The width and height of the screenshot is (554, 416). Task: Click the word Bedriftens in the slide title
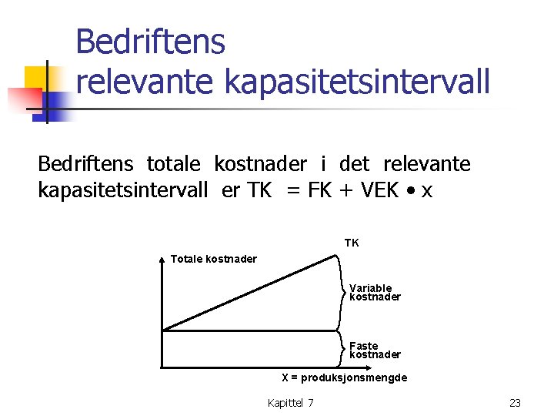tap(150, 42)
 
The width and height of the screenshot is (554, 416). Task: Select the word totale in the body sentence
tap(173, 164)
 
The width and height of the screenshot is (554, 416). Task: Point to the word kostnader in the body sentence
tap(260, 164)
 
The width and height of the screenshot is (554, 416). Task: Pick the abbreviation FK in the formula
tap(319, 190)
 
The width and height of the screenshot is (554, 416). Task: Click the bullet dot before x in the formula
tap(412, 191)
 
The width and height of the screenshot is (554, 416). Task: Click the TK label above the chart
tap(351, 243)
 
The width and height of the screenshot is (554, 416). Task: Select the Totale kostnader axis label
tap(213, 259)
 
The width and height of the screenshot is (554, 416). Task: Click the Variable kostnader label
tap(375, 293)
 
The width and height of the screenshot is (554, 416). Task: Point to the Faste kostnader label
tap(375, 351)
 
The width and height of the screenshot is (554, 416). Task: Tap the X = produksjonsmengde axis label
tap(344, 377)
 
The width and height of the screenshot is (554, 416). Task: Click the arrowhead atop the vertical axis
tap(162, 260)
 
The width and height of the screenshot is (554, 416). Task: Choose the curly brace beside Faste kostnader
tap(342, 350)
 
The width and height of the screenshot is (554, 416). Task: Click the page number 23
tap(515, 403)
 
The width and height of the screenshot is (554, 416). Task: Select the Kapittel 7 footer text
tap(290, 403)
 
